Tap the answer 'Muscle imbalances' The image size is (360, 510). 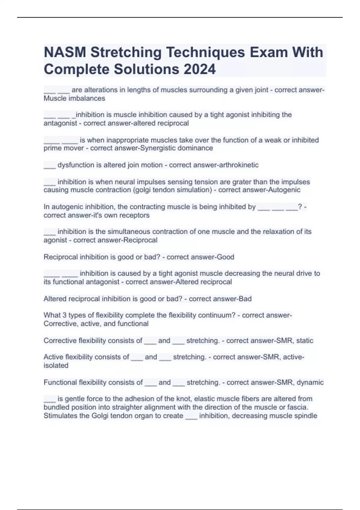(x=74, y=98)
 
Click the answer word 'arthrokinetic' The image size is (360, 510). (x=239, y=165)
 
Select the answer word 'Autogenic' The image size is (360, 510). (x=285, y=190)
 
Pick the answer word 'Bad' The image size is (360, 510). (x=245, y=298)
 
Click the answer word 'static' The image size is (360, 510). (x=304, y=340)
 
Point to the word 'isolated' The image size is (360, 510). (x=56, y=365)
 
